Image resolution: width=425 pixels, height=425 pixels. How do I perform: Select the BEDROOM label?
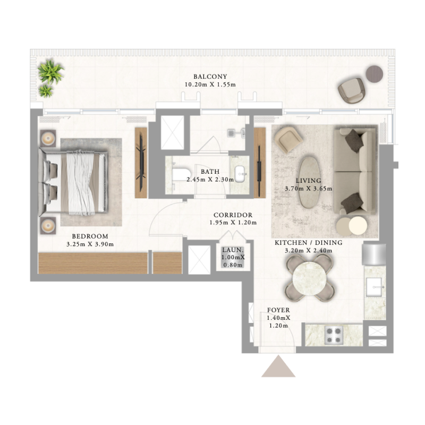90,236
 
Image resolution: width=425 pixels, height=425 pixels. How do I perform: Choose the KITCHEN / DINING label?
308,243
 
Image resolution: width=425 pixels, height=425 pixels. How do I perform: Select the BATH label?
210,172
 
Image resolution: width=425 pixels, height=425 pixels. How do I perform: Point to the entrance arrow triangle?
278,367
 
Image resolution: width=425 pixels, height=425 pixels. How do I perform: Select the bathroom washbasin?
240,172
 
